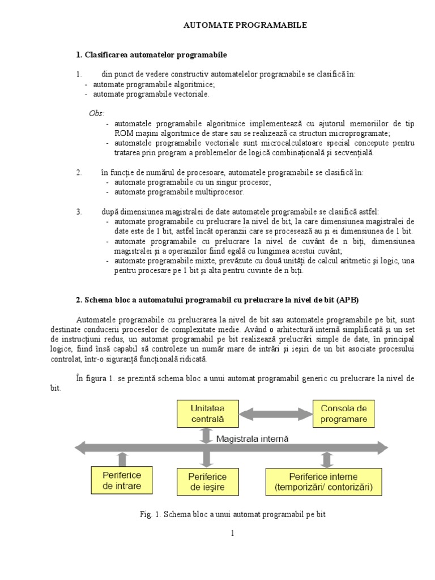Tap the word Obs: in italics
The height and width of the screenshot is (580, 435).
[x=97, y=113]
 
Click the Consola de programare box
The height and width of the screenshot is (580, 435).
[x=344, y=415]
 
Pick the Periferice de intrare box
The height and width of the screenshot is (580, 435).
[x=122, y=480]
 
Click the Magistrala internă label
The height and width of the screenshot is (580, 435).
[x=253, y=438]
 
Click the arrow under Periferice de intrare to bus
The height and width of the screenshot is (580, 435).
[x=123, y=458]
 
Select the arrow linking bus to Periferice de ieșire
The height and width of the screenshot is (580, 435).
[x=207, y=458]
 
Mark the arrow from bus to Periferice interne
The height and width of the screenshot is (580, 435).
[x=327, y=458]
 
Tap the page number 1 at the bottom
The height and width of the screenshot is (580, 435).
[x=232, y=533]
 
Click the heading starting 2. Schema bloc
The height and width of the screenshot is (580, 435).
[x=217, y=300]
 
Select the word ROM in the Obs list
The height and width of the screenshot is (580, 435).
[x=122, y=133]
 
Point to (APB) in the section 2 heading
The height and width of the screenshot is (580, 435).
[x=347, y=300]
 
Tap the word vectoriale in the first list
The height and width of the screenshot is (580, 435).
[x=192, y=94]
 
